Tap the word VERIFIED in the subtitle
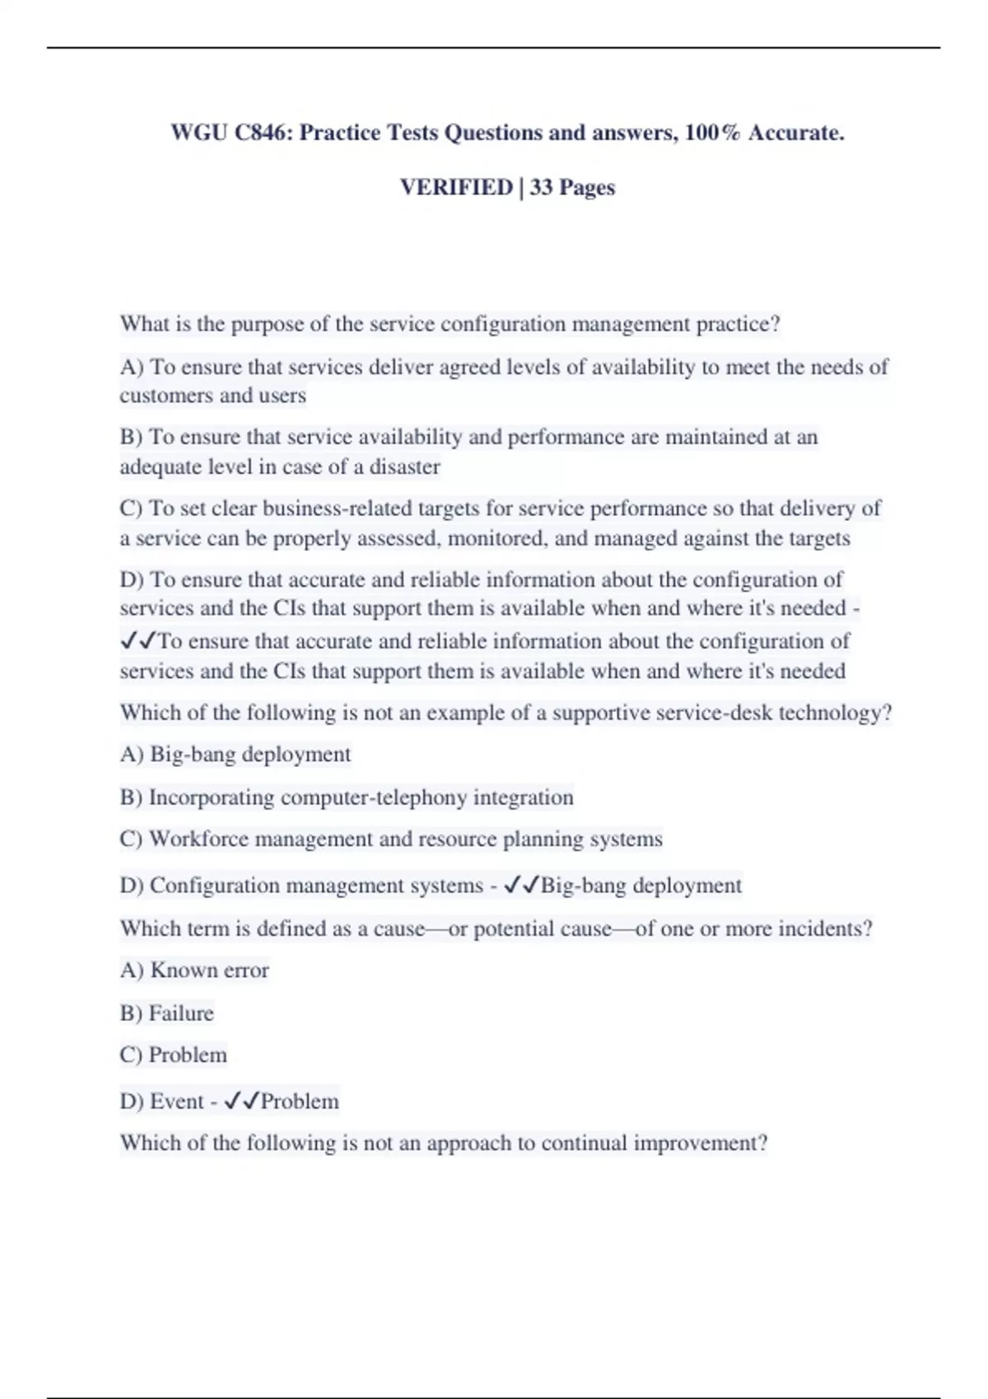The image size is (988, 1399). [x=456, y=188]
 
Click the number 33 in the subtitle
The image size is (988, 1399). [x=541, y=188]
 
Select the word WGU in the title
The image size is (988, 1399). [x=198, y=132]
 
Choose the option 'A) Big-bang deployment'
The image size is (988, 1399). [x=235, y=754]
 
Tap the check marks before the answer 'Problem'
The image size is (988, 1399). [x=241, y=1101]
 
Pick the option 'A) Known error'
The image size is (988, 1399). [x=194, y=970]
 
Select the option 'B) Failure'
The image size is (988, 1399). [x=166, y=1013]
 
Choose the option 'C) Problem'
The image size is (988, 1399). [x=173, y=1055]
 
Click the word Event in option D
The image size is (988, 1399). [x=176, y=1101]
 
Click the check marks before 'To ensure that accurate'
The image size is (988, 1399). [x=137, y=640]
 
